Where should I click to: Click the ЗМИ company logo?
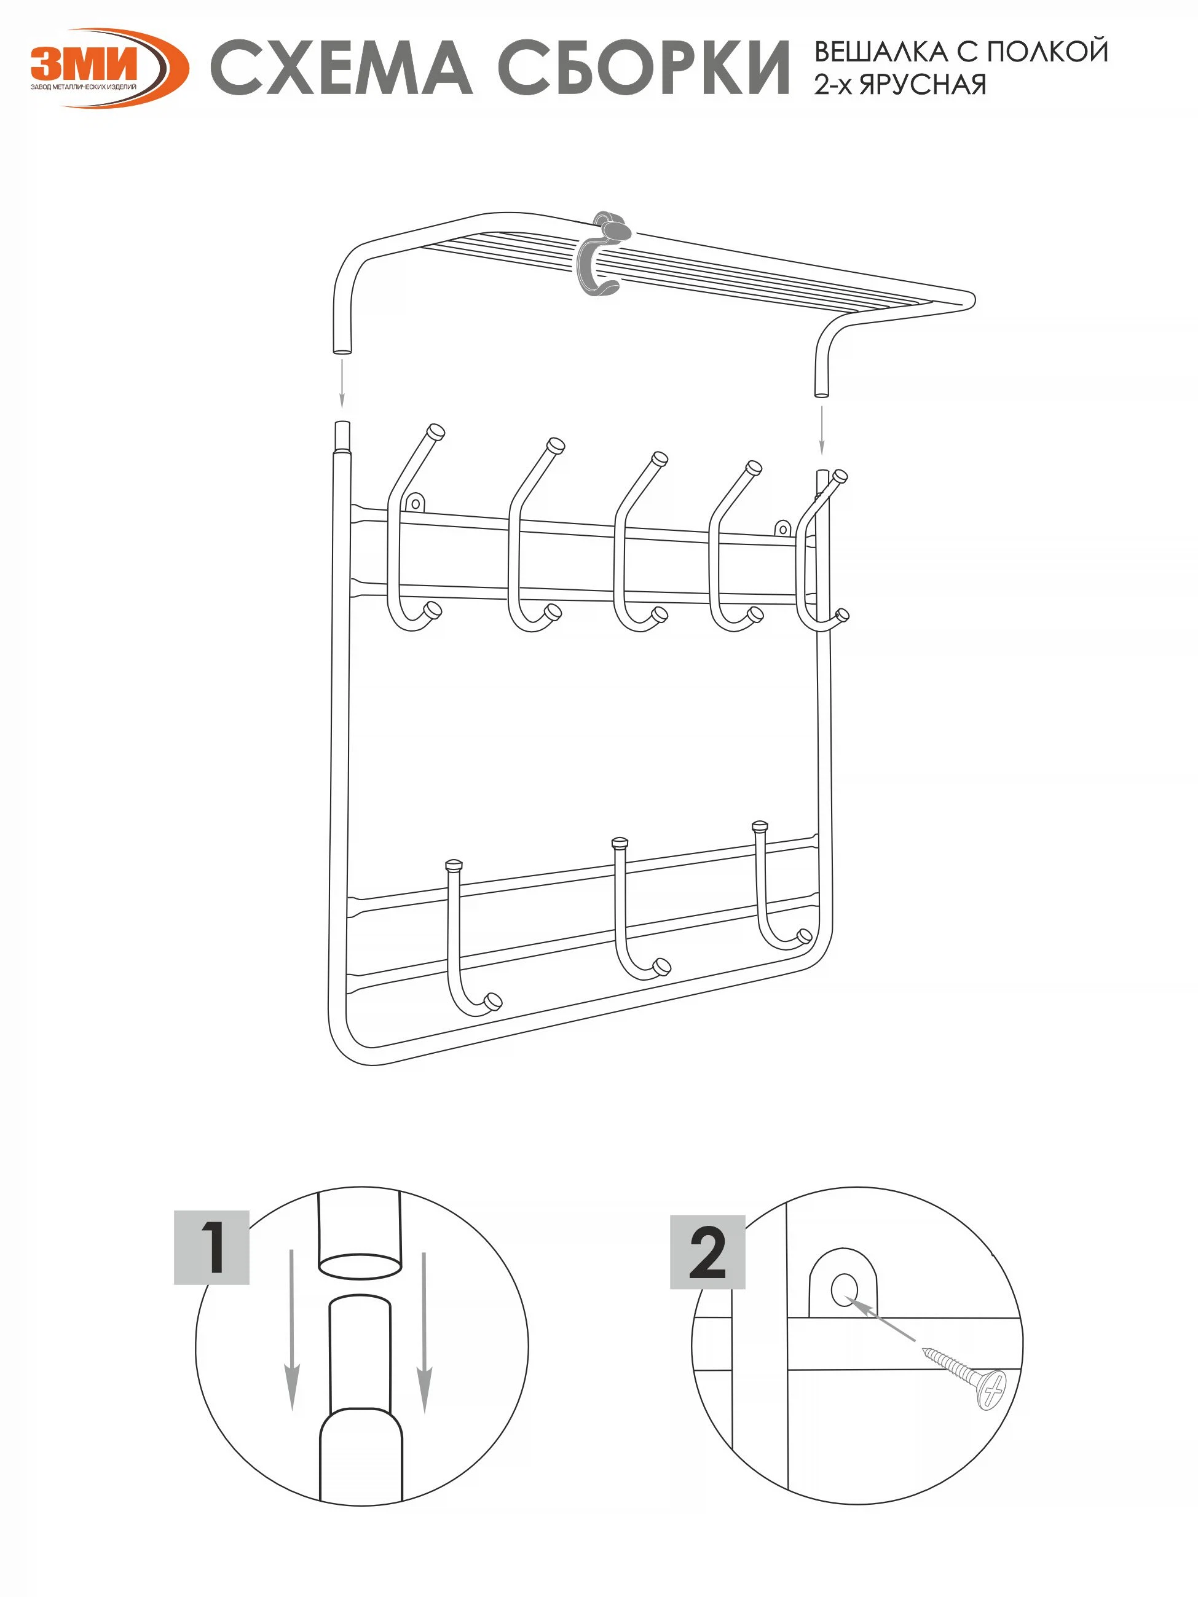tap(108, 69)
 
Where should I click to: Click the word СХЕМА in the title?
tap(342, 69)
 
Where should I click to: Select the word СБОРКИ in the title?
tap(644, 69)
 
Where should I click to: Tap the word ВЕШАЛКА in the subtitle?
tap(881, 52)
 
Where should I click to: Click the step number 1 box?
tap(211, 1247)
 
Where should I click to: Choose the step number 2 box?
tap(707, 1253)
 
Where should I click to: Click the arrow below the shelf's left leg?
tap(342, 383)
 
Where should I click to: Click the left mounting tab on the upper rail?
tap(416, 503)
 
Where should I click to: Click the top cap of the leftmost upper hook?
tap(436, 433)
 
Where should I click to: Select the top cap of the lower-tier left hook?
tap(454, 864)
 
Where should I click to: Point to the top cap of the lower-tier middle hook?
tap(620, 842)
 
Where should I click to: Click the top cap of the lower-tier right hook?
tap(760, 825)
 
